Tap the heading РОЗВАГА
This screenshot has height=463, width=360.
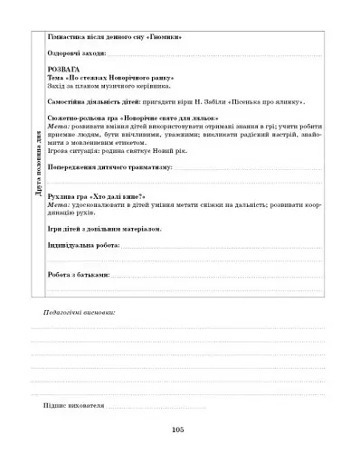(x=63, y=70)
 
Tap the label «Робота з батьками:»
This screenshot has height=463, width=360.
(x=78, y=272)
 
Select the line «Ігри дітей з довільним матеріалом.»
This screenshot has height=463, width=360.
(x=104, y=229)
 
